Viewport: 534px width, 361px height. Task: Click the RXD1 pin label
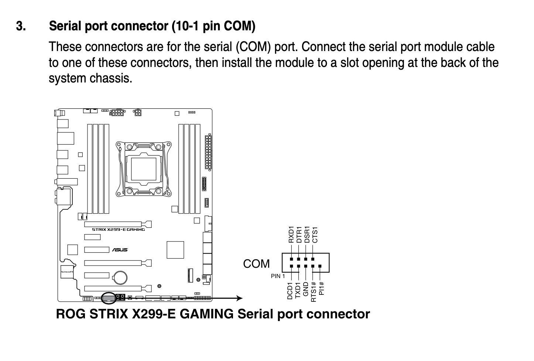(x=291, y=235)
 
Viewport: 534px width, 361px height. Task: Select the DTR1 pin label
(x=299, y=235)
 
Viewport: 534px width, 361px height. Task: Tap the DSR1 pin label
(x=307, y=235)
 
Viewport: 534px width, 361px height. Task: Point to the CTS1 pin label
(x=315, y=235)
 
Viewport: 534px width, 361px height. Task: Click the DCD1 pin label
(x=290, y=291)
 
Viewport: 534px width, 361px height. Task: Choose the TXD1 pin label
(x=298, y=290)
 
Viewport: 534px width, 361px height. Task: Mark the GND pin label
(x=306, y=289)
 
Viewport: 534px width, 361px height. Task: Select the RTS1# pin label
(x=314, y=292)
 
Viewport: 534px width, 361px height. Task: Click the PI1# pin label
(x=321, y=289)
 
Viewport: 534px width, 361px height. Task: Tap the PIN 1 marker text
(x=278, y=276)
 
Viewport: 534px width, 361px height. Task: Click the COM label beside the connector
(x=256, y=264)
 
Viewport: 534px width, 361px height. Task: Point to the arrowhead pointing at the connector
(x=239, y=298)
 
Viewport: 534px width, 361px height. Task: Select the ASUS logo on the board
(x=120, y=250)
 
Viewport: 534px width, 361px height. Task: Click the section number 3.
(x=21, y=26)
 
